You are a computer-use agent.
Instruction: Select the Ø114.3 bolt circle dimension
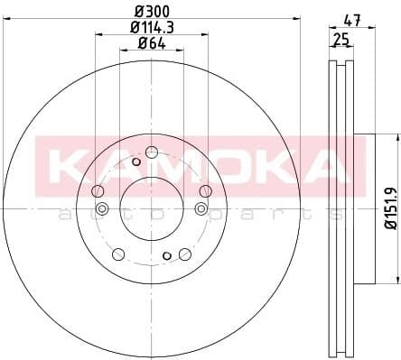[x=151, y=29]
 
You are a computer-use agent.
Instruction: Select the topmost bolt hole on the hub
[x=151, y=152]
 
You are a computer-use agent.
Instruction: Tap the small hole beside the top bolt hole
[x=135, y=162]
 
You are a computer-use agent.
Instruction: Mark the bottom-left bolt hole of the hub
[x=117, y=254]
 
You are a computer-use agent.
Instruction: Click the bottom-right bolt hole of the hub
[x=185, y=254]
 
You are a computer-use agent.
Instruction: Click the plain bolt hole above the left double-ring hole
[x=97, y=190]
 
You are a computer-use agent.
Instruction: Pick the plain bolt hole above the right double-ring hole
[x=205, y=190]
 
